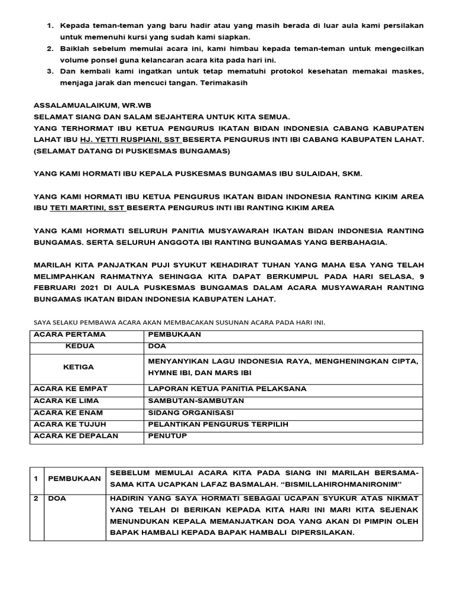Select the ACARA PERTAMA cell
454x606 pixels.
coord(70,334)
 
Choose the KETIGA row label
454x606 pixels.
coord(79,367)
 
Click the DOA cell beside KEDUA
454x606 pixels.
coord(156,346)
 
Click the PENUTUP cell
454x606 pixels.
coord(167,436)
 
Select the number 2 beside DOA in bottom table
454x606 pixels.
coord(36,498)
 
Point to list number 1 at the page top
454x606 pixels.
coord(50,27)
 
